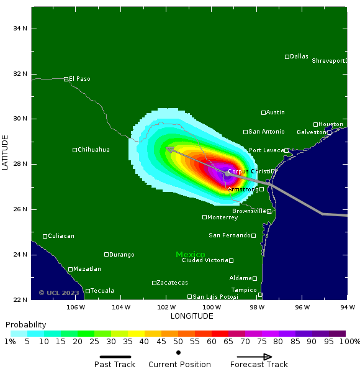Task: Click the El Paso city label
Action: tap(80, 79)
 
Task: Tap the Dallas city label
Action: tap(299, 57)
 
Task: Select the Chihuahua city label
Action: tap(94, 150)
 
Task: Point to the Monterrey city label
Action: tap(223, 217)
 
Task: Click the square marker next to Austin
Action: tap(263, 112)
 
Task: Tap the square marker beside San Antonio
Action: tap(245, 132)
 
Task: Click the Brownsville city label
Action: tap(249, 211)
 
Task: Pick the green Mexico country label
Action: tap(190, 255)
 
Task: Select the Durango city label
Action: tap(122, 255)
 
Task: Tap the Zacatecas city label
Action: tap(172, 283)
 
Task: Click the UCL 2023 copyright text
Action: tap(59, 293)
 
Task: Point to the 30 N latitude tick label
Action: tap(20, 119)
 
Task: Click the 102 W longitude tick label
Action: tap(166, 307)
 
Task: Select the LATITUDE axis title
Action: tap(6, 152)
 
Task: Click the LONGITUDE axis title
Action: tap(192, 316)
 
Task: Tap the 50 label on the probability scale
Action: tap(178, 342)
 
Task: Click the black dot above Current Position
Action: tap(178, 353)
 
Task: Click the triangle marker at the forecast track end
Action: tap(170, 150)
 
